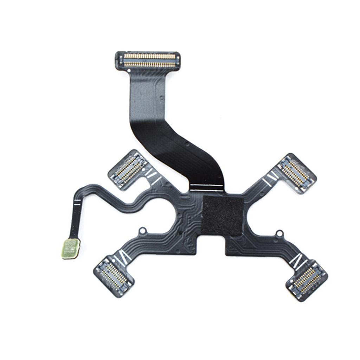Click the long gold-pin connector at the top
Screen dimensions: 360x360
(148, 60)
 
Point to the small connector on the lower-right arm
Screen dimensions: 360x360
(307, 280)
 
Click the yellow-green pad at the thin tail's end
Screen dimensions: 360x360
(71, 248)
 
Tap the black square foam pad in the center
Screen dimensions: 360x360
(222, 215)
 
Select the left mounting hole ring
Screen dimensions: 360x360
(142, 231)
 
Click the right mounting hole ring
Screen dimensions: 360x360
(279, 233)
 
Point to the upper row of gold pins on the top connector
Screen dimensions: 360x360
(149, 56)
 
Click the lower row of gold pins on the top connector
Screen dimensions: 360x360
(149, 64)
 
